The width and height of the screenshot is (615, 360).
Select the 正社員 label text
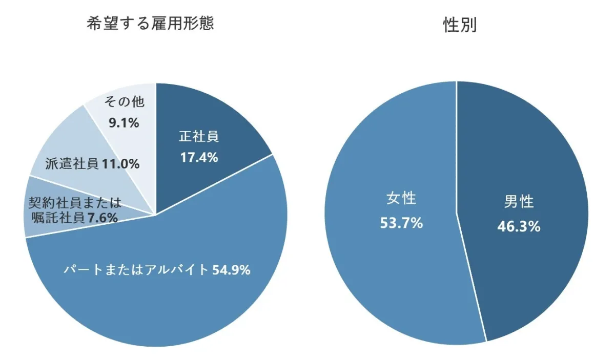click(x=199, y=137)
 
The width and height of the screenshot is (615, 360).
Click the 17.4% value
click(x=199, y=157)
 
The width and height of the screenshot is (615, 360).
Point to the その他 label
click(x=124, y=102)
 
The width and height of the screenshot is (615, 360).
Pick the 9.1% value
click(x=124, y=122)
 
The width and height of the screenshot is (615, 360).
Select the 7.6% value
click(x=102, y=218)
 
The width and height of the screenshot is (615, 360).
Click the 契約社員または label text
click(x=75, y=202)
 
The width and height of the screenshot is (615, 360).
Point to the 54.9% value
click(x=231, y=270)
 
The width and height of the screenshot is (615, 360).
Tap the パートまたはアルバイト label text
click(x=136, y=270)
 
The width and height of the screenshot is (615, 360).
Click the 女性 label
click(x=401, y=199)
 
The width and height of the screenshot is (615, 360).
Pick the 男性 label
click(x=519, y=202)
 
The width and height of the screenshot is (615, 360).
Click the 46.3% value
click(x=519, y=226)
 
